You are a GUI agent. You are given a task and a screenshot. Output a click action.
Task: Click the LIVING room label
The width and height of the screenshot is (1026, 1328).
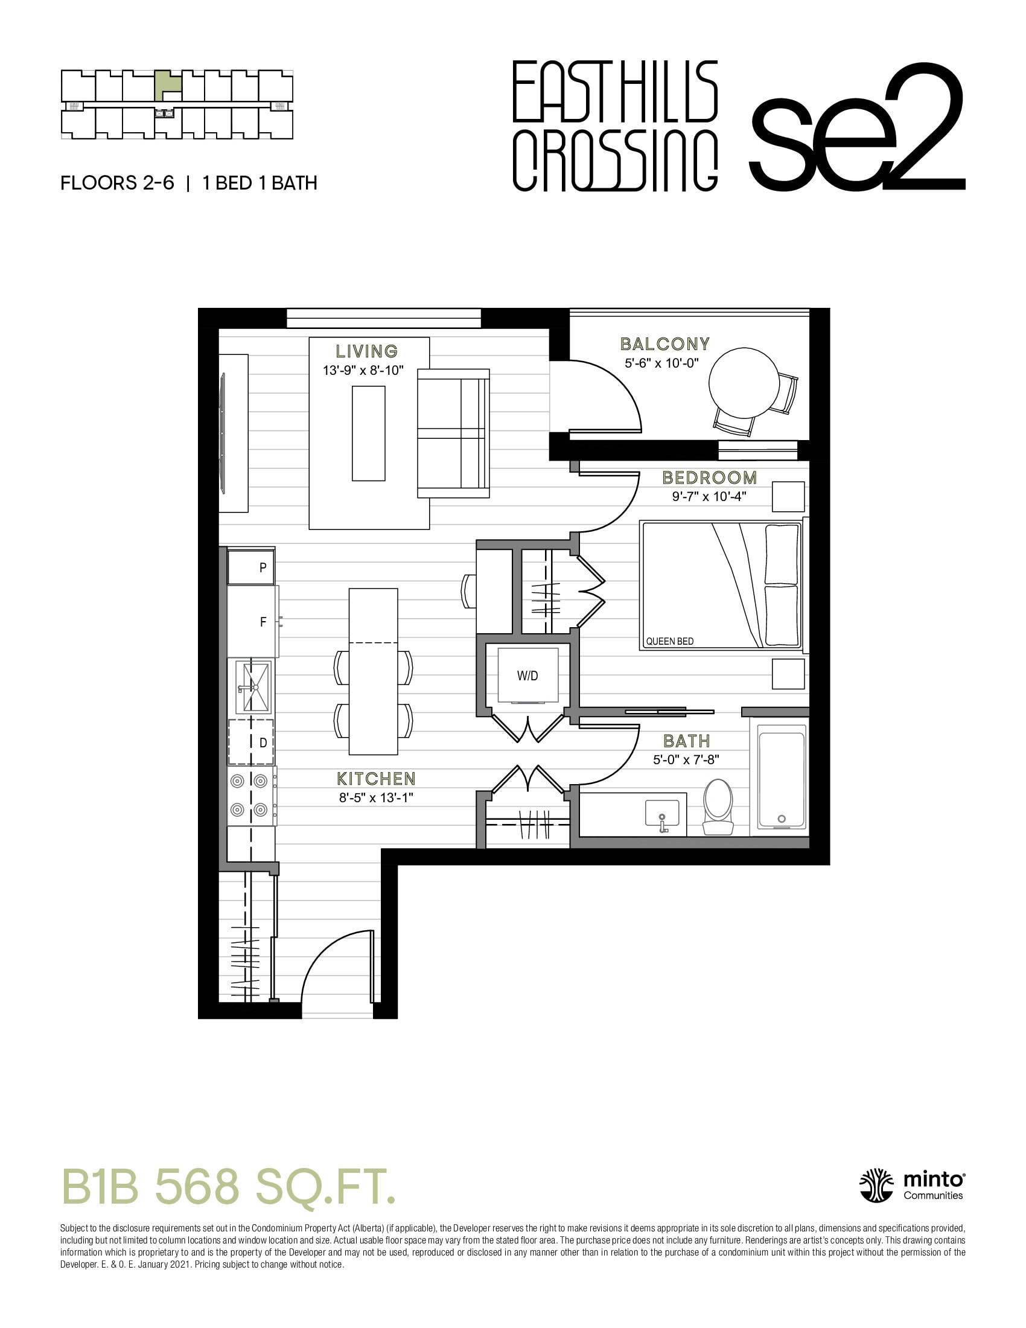(367, 351)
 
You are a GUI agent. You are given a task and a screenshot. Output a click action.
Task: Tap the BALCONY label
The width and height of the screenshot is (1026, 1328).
(665, 344)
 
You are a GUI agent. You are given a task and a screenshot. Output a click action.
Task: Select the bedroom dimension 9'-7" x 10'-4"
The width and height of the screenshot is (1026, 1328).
(709, 496)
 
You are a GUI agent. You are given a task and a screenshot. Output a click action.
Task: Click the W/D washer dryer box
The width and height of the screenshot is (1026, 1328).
(527, 675)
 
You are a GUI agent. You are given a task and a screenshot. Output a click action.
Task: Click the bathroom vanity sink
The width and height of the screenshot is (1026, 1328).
(662, 814)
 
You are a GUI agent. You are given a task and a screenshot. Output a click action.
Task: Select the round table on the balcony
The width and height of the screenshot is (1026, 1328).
(744, 383)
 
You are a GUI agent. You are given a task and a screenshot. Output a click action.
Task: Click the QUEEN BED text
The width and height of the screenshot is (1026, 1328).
(669, 642)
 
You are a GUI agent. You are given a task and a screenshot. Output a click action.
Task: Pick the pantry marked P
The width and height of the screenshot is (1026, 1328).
(251, 567)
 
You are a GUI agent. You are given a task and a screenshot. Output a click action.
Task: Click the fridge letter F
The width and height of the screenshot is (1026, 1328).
(263, 622)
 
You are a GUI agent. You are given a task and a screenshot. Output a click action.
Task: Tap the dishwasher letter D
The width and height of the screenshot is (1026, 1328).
(263, 742)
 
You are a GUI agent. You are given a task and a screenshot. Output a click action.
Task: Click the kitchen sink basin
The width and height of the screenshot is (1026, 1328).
(255, 686)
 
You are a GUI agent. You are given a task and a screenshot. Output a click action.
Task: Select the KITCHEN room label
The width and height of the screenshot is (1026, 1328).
(376, 779)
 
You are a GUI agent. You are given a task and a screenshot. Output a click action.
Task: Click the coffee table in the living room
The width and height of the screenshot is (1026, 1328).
(368, 433)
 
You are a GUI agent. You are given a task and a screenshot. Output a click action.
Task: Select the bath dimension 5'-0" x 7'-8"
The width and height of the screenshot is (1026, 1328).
(686, 759)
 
